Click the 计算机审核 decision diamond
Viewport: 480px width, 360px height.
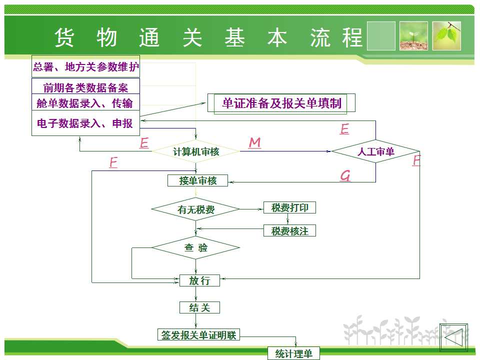(x=195, y=151)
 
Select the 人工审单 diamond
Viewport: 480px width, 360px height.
(x=375, y=151)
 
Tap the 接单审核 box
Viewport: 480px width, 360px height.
(x=197, y=180)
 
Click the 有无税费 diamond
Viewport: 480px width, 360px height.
(x=195, y=209)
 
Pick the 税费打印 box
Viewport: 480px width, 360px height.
(x=289, y=207)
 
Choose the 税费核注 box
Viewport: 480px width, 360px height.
(x=289, y=231)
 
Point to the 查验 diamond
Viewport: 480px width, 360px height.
(x=195, y=247)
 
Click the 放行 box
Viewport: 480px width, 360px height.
(x=199, y=280)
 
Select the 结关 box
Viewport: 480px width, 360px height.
(x=199, y=307)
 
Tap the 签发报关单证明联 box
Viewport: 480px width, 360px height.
(x=198, y=335)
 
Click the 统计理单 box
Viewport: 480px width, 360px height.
(x=293, y=353)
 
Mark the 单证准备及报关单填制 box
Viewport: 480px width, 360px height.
(x=281, y=103)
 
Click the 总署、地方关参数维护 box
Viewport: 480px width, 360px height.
(x=85, y=66)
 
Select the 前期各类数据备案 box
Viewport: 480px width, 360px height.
(x=85, y=88)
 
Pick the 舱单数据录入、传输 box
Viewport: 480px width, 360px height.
(x=85, y=103)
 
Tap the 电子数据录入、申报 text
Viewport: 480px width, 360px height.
(x=85, y=123)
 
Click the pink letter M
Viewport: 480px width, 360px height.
(x=254, y=143)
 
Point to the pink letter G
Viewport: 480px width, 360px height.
(x=345, y=175)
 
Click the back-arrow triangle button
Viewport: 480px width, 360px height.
(x=453, y=338)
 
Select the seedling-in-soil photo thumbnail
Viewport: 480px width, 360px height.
(x=413, y=36)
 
